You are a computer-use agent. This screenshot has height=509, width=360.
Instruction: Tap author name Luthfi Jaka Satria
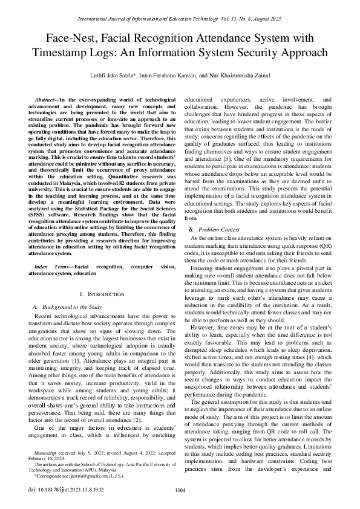point(117,74)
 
